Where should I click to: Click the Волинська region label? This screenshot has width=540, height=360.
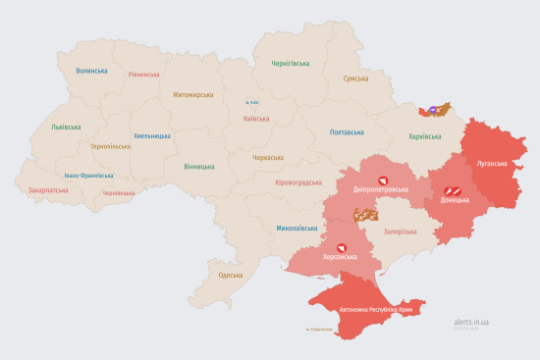(x=91, y=71)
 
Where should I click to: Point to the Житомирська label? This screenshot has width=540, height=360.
(x=192, y=95)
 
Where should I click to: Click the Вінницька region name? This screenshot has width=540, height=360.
(x=199, y=166)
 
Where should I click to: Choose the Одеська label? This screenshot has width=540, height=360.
(x=230, y=276)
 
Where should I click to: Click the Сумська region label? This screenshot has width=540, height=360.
(x=355, y=78)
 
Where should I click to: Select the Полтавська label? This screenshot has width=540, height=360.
(x=347, y=132)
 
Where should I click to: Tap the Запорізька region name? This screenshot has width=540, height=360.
(x=401, y=231)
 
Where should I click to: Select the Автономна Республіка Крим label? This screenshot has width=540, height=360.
(x=376, y=310)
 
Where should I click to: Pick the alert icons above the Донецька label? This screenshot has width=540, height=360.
(x=454, y=189)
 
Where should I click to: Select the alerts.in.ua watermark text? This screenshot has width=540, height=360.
(x=471, y=321)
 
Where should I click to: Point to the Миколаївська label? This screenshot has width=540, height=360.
(x=297, y=227)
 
